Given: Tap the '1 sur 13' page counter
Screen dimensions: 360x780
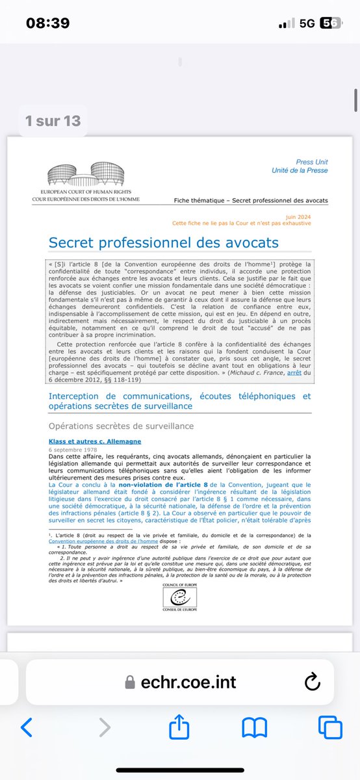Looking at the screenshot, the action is [53, 120].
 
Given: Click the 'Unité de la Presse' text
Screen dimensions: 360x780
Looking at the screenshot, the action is [300, 171].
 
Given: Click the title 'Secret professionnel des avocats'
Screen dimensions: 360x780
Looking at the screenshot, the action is [164, 242].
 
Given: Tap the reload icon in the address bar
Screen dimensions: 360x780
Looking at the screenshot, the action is [311, 682].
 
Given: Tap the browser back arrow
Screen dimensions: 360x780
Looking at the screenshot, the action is [27, 727].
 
